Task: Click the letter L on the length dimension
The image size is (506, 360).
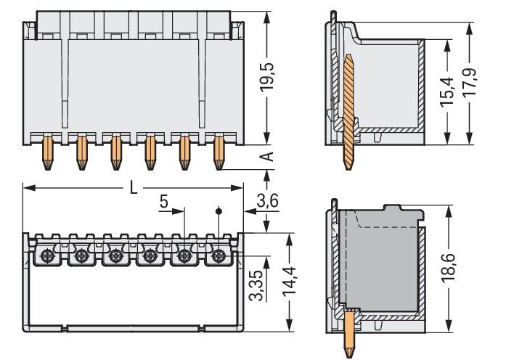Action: pyautogui.click(x=134, y=187)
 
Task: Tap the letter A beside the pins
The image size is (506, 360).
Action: pyautogui.click(x=266, y=157)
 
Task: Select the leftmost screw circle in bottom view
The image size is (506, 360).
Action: pyautogui.click(x=46, y=255)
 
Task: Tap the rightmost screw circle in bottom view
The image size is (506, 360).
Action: pyautogui.click(x=219, y=255)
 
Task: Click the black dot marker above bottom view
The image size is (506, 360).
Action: pyautogui.click(x=219, y=211)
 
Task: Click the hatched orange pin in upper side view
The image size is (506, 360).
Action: pyautogui.click(x=349, y=109)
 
